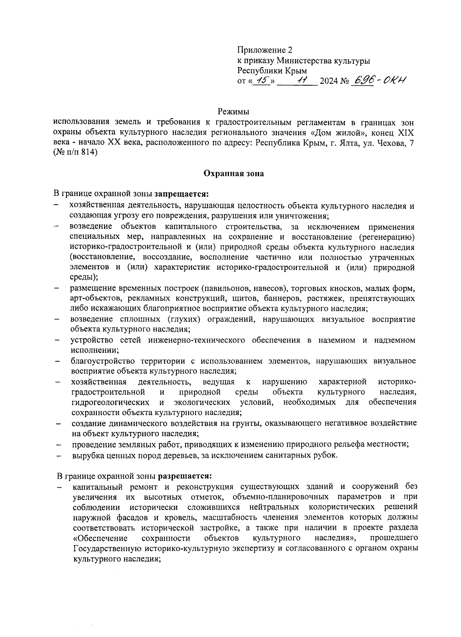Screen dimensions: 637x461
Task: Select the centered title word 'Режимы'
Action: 234,112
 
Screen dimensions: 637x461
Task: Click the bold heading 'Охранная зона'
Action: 234,174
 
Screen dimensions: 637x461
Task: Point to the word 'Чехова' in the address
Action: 391,142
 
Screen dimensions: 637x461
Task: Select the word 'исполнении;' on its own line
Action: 95,350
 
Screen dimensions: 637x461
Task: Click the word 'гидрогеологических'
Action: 111,402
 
